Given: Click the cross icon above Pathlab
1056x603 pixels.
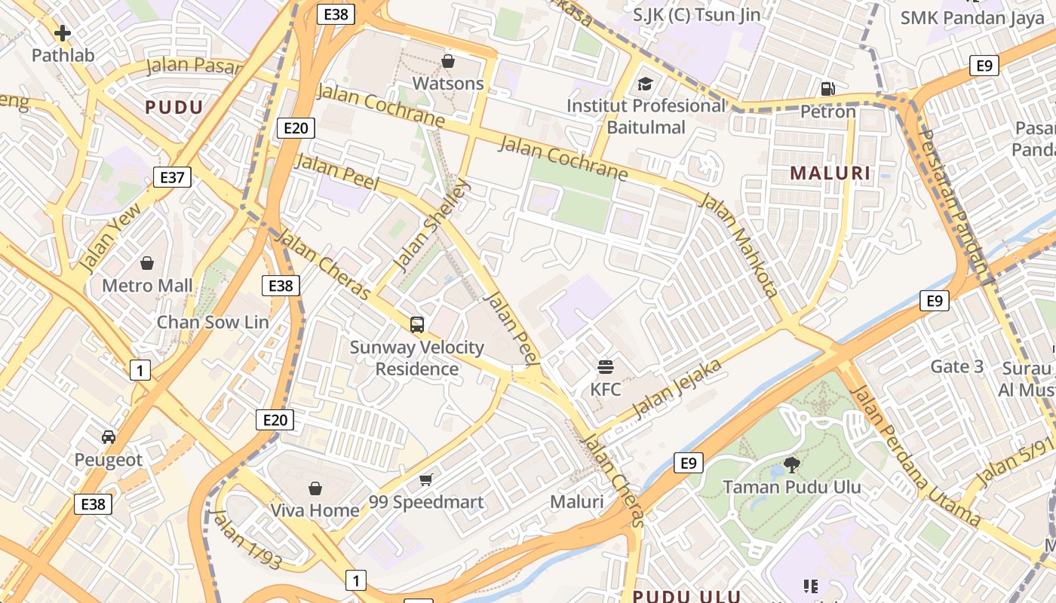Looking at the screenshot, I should coord(63,32).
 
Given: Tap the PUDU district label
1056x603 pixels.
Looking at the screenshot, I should coord(174,107).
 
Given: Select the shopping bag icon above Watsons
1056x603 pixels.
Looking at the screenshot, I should coord(448,61).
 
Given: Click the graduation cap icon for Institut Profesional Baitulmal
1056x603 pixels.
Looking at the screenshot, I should coord(645,83).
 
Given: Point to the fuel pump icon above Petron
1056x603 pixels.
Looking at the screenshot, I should coord(827,88).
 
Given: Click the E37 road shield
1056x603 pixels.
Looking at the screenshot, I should coord(172,177).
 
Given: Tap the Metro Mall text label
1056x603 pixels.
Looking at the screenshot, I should coord(148,286).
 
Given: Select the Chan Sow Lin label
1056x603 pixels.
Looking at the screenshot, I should coord(212,322).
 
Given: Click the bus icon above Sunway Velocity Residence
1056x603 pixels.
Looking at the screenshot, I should coord(417,325).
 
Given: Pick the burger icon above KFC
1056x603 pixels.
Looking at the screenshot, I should coord(606,367).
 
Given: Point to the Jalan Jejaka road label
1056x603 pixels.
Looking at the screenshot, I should coord(677,389).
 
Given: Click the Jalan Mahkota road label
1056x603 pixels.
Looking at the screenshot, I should coord(738,245).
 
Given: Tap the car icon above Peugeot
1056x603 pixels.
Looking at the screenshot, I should coord(109,437).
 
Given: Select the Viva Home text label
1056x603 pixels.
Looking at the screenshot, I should coord(315,510).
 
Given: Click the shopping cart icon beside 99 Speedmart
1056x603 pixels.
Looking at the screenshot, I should coord(426,479).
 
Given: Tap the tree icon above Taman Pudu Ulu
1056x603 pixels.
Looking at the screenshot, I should coord(791,464).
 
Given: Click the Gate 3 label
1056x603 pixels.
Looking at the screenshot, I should coord(957,366).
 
